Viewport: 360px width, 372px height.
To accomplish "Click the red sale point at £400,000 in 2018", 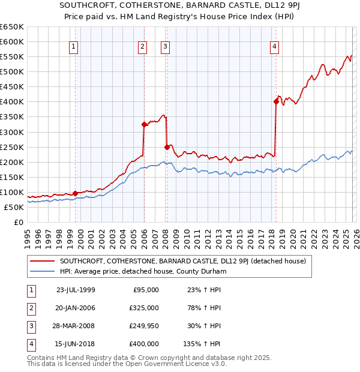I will [x=277, y=101].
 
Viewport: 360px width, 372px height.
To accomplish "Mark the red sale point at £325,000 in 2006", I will [x=144, y=124].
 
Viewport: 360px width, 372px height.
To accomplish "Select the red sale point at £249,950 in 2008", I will [x=167, y=146].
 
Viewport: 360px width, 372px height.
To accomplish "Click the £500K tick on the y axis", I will [x=11, y=71].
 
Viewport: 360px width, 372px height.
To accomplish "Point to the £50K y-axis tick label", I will [x=13, y=207].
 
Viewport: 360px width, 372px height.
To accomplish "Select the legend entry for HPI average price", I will [x=143, y=272].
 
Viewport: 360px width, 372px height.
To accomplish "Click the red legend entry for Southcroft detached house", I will [x=182, y=261].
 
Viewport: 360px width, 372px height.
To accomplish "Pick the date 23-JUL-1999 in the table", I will [x=76, y=290].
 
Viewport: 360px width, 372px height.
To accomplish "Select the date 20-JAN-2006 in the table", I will [x=76, y=308].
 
